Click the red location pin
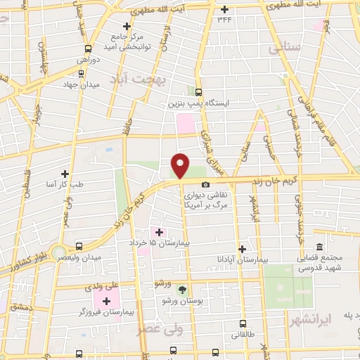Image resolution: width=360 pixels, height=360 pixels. (x=181, y=165)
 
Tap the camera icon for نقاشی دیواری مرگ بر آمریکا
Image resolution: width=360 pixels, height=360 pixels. (x=205, y=185)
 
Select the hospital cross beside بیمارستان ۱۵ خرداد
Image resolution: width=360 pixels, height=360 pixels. (x=158, y=232)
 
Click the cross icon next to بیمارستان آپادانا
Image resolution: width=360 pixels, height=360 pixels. (x=243, y=249)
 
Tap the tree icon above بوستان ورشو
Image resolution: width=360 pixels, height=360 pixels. (x=182, y=290)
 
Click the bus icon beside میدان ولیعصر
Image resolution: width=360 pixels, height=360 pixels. (x=78, y=247)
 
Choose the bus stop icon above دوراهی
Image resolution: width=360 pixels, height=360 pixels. (x=88, y=49)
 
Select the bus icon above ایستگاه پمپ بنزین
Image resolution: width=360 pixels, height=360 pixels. (x=198, y=92)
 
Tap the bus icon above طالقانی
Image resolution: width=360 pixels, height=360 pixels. (x=243, y=324)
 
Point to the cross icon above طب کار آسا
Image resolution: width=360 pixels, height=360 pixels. (x=65, y=173)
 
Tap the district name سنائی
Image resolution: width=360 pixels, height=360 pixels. (x=283, y=48)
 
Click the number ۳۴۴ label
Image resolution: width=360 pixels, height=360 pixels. (x=224, y=20)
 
